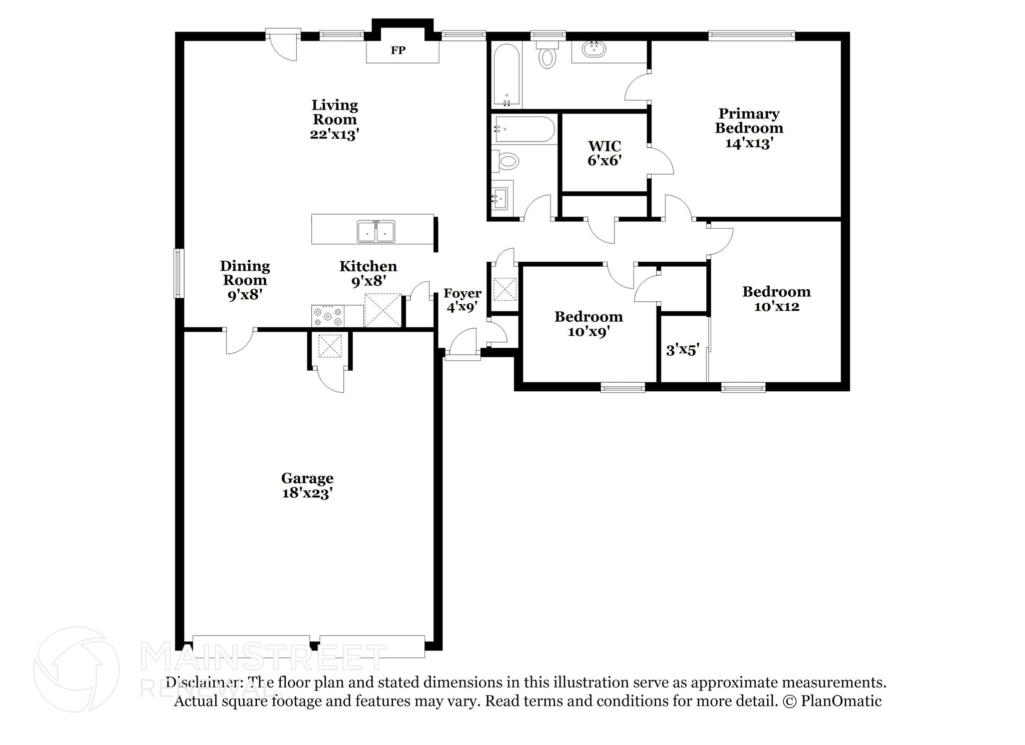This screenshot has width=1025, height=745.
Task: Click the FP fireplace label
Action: tap(398, 50)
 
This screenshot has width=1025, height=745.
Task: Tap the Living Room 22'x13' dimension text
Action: tap(334, 134)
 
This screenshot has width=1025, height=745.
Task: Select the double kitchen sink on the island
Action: tap(376, 232)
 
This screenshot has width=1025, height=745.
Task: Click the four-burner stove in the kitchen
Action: tap(328, 316)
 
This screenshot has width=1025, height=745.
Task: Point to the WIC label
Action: tap(605, 146)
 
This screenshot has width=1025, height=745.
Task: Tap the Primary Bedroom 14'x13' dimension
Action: tap(749, 143)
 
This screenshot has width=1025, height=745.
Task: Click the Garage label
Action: tap(307, 478)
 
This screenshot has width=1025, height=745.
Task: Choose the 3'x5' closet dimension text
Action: tap(682, 350)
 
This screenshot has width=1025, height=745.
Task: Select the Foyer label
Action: tap(462, 294)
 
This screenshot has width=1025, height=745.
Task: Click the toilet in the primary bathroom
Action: tap(547, 54)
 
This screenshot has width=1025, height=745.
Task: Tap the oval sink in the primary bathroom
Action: tap(594, 49)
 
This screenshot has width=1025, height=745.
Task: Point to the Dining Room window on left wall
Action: tap(179, 273)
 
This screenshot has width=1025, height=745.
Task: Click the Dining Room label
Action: tap(245, 273)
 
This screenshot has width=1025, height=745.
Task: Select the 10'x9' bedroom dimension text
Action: tap(589, 331)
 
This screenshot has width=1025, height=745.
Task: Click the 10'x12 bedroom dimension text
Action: tap(776, 306)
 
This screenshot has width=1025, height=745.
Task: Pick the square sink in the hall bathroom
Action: tap(500, 199)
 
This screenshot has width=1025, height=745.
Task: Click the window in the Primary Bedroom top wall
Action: tap(752, 35)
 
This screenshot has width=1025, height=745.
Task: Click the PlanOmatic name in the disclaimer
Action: tap(841, 701)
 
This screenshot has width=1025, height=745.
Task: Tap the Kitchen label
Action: tap(368, 266)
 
